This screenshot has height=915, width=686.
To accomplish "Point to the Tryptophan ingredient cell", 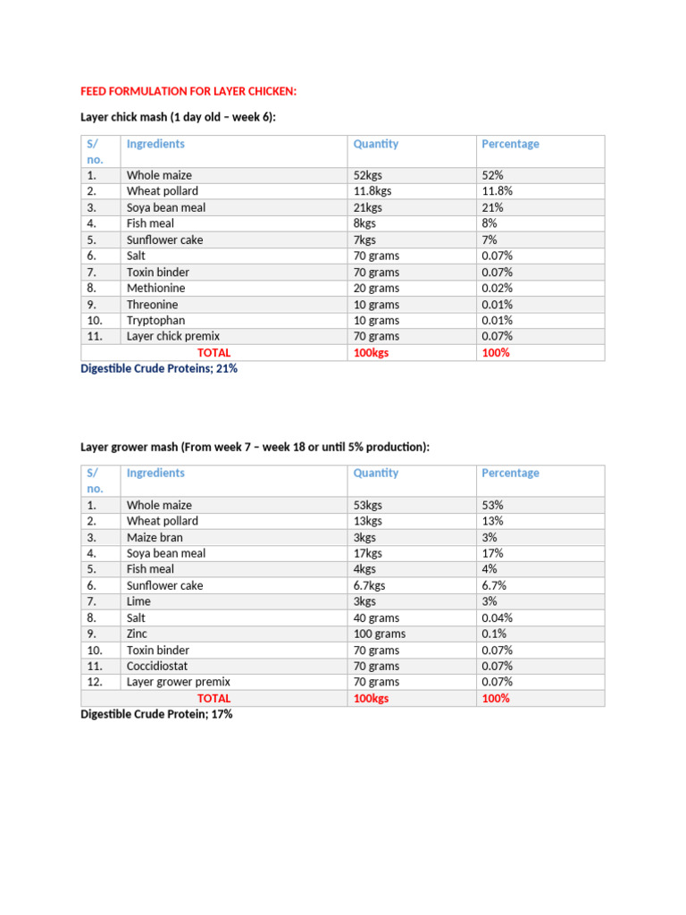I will [x=156, y=320].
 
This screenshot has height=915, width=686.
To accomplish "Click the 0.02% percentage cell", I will [x=498, y=288].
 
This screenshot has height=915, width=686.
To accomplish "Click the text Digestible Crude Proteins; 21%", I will [x=159, y=368].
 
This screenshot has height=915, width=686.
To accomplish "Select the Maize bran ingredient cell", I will [x=155, y=537].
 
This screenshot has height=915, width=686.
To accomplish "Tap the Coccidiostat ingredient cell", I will [x=158, y=666].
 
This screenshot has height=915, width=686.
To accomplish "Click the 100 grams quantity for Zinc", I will [x=380, y=634].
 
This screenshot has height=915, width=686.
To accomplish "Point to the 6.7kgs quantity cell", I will [x=371, y=585].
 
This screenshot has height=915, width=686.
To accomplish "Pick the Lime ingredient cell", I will [x=138, y=601].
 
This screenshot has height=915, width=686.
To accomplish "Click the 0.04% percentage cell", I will [x=498, y=617].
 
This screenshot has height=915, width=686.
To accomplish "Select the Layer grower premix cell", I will [x=179, y=682].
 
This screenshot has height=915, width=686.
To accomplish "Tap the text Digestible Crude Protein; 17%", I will [x=156, y=715].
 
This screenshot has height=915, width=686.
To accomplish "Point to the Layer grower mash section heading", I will [x=255, y=446].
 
